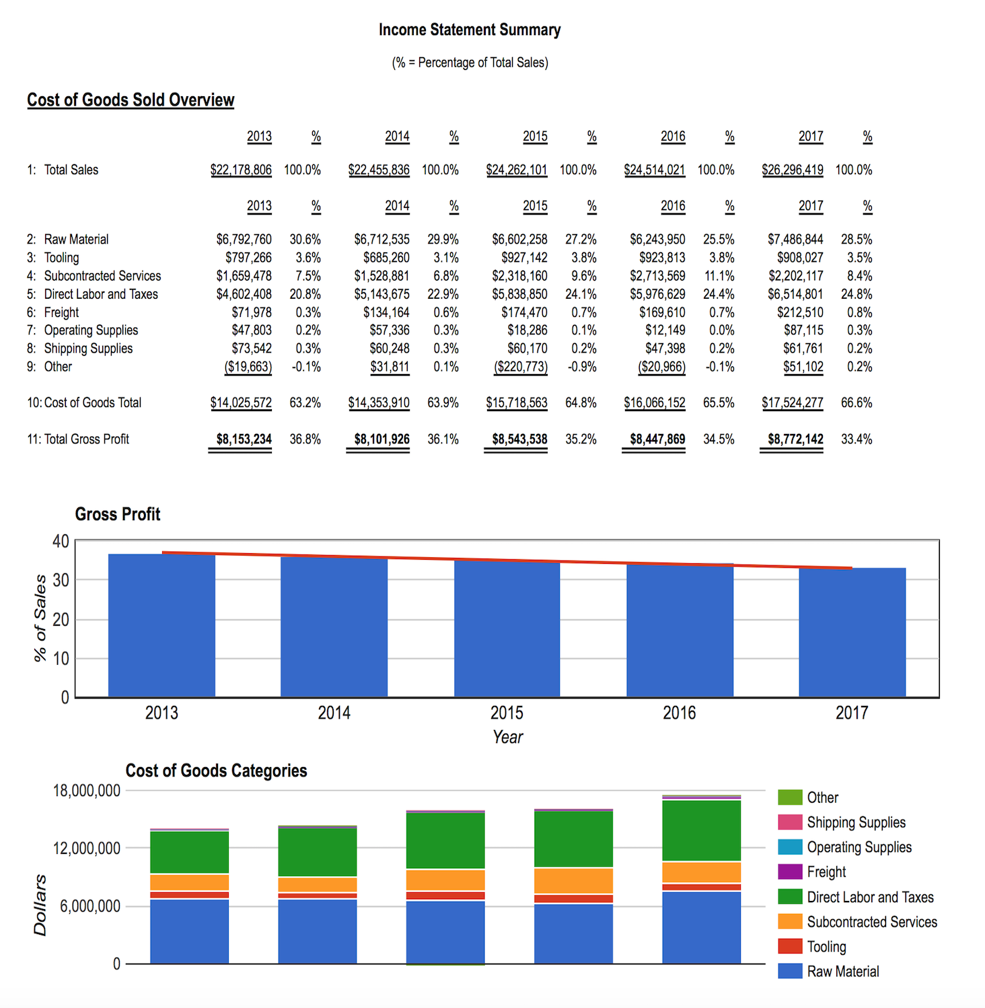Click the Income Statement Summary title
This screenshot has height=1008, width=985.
point(470,30)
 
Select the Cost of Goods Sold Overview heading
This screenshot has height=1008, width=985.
point(131,100)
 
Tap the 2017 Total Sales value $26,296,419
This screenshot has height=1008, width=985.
point(793,170)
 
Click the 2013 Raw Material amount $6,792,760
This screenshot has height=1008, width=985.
point(244,240)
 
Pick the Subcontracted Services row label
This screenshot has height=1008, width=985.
point(102,276)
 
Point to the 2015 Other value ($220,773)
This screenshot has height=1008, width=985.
point(521,367)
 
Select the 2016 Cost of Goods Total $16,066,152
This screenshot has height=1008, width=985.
point(655,403)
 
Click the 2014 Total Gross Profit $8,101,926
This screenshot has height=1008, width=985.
point(382,439)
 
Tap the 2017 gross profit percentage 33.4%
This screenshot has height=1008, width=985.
point(856,439)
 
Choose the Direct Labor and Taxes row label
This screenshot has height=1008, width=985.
point(101,294)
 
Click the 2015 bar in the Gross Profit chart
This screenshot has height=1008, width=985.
point(507,628)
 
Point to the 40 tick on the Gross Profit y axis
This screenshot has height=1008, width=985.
point(61,541)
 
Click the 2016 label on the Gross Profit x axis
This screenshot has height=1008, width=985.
point(680,713)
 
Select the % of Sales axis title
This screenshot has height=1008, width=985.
point(40,618)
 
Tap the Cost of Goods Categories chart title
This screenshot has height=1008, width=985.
point(217,771)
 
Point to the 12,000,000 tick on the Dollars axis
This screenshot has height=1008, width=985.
point(87,849)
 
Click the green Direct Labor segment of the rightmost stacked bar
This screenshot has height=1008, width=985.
point(702,831)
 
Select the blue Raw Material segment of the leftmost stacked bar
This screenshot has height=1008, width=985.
point(190,931)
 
